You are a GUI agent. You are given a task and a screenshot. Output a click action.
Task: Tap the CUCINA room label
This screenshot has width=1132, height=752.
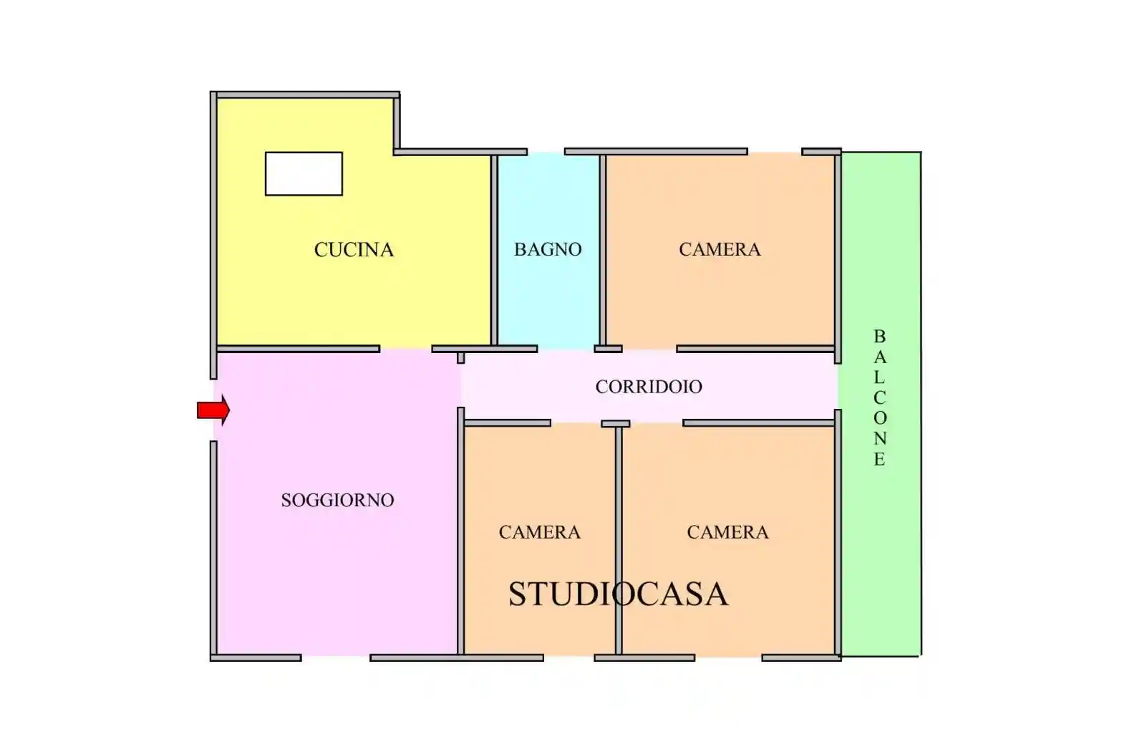(354, 250)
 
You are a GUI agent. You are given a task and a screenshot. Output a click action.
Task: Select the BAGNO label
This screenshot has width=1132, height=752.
(548, 249)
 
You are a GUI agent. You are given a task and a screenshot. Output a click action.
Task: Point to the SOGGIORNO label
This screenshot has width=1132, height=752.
(337, 500)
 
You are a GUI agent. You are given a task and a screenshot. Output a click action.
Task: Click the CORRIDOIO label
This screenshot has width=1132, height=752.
(649, 387)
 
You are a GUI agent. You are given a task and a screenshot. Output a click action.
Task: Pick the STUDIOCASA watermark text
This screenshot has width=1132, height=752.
(618, 594)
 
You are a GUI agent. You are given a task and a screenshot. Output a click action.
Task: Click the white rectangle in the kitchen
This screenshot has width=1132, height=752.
(304, 173)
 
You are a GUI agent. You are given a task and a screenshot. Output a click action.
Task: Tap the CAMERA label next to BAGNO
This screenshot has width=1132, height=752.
(720, 249)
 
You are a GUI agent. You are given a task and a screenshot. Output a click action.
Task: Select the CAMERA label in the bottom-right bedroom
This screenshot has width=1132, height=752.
(727, 532)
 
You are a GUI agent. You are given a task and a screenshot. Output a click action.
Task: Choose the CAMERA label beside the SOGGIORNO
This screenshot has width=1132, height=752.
(539, 532)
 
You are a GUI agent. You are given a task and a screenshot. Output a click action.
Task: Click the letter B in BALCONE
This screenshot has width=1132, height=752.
(879, 337)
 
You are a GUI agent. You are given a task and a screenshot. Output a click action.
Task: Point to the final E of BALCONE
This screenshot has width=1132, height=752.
(879, 460)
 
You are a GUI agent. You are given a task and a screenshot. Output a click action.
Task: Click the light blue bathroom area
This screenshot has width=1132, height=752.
(548, 301)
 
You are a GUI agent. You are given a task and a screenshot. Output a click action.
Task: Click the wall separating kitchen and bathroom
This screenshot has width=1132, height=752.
(494, 251)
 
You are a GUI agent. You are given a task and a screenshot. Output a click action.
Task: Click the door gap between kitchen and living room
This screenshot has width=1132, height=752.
(405, 350)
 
